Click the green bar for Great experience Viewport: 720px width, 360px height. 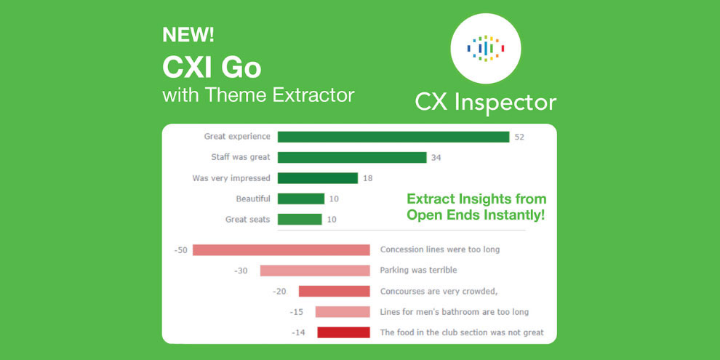pyautogui.click(x=393, y=137)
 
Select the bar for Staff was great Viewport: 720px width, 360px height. pyautogui.click(x=352, y=158)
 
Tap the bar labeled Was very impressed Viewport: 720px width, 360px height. pyautogui.click(x=318, y=178)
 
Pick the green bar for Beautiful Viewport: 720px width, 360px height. pyautogui.click(x=301, y=199)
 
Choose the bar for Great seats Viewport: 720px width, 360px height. pyautogui.click(x=300, y=220)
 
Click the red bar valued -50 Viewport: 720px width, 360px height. pyautogui.click(x=281, y=249)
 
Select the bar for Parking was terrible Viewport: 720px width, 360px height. pyautogui.click(x=315, y=271)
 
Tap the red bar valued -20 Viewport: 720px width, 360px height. pyautogui.click(x=335, y=291)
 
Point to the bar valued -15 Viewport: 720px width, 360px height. pyautogui.click(x=343, y=312)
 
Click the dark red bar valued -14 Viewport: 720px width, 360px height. pyautogui.click(x=343, y=332)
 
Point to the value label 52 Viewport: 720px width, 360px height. pyautogui.click(x=519, y=137)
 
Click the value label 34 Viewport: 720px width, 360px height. pyautogui.click(x=436, y=158)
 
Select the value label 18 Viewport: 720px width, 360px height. pyautogui.click(x=368, y=179)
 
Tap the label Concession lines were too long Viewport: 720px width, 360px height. pyautogui.click(x=440, y=249)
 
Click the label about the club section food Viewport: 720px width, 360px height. pyautogui.click(x=462, y=332)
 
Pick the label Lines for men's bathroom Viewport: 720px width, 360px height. pyautogui.click(x=455, y=312)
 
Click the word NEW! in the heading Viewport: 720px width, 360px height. pyautogui.click(x=188, y=36)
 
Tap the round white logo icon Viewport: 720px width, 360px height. pyautogui.click(x=486, y=48)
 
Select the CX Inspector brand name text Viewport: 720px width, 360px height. pyautogui.click(x=486, y=103)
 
